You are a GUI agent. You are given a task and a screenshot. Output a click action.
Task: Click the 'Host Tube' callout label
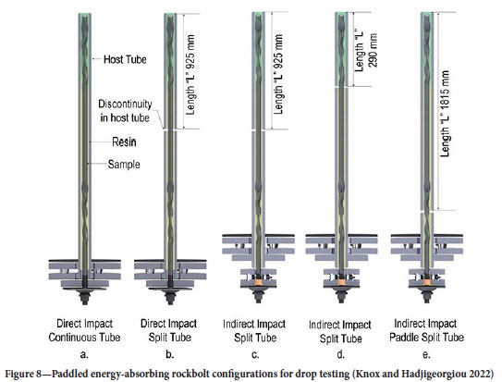125,59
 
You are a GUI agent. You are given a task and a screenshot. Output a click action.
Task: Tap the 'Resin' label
124,142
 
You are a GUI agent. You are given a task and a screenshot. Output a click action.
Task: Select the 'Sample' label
124,165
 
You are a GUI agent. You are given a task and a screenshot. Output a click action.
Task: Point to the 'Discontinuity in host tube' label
125,111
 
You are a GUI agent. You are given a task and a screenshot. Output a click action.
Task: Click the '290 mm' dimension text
373,50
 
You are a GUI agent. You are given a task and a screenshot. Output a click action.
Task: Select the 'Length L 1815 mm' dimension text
445,114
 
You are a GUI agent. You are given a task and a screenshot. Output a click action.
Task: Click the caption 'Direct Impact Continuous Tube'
84,330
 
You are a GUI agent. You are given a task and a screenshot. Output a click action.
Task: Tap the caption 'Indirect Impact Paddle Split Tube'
426,330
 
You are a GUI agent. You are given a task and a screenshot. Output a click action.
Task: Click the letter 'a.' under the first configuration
84,355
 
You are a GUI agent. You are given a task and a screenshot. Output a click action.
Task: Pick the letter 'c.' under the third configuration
255,355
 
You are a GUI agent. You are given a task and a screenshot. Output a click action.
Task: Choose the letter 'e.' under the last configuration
426,355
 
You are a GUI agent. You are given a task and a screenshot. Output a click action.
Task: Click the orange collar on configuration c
258,283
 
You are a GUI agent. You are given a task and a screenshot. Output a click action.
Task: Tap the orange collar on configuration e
427,283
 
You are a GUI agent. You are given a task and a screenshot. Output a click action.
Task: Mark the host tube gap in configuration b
170,129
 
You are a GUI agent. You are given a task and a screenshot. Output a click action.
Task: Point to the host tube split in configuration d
341,86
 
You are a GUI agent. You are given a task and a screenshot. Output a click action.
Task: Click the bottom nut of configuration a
85,299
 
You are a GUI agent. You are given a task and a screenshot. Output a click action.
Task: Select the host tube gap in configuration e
427,211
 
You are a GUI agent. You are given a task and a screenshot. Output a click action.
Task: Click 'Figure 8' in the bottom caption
23,374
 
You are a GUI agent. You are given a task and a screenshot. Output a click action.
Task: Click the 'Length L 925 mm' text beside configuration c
278,74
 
